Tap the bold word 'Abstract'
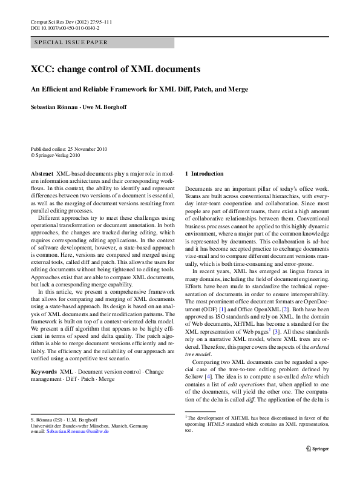(x=42, y=173)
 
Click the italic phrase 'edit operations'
(x=237, y=382)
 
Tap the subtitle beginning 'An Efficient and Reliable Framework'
(x=140, y=89)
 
